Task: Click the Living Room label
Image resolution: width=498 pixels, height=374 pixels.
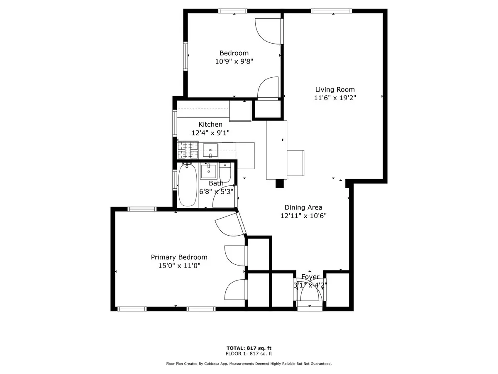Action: point(334,89)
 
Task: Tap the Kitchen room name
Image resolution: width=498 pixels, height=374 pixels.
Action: point(210,124)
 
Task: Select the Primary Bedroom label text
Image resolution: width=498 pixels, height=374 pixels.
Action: point(179,257)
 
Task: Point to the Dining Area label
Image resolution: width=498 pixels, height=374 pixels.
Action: point(303,207)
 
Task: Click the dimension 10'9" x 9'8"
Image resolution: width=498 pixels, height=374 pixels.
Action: point(234,61)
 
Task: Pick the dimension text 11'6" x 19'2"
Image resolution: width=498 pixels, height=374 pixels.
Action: point(334,98)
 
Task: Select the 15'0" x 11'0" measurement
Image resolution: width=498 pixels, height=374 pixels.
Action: point(179,266)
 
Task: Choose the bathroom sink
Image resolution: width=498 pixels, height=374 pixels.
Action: point(208,171)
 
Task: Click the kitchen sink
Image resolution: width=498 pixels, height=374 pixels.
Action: point(211,150)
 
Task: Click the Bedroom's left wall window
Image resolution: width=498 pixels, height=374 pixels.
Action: point(186,56)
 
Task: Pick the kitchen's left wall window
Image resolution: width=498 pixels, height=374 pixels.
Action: point(175,123)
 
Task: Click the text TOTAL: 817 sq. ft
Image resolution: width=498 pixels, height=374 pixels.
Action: point(249,348)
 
